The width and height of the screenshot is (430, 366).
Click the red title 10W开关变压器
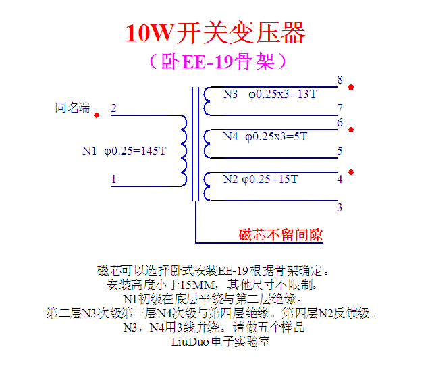[215, 32]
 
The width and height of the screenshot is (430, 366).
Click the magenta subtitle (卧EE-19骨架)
[215, 61]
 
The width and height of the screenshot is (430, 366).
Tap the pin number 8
[340, 80]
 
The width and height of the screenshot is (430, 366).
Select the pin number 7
[340, 108]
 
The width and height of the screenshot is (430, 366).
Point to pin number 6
[340, 122]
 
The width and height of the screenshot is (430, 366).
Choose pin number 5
[340, 151]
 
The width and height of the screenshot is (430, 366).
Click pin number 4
[340, 179]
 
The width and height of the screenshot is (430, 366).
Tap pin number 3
[340, 207]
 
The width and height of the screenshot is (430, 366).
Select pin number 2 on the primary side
[113, 108]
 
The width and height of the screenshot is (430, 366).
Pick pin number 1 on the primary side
[113, 179]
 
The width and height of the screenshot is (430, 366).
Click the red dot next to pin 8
[351, 87]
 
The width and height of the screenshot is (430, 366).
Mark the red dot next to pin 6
[351, 129]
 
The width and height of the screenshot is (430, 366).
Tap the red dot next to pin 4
[351, 172]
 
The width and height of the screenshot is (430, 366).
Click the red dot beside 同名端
[97, 115]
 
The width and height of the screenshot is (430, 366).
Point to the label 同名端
[72, 108]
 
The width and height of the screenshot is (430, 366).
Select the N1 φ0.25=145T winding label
[124, 151]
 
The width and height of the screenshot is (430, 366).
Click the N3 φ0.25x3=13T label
[270, 94]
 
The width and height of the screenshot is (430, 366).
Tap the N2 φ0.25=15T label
[261, 179]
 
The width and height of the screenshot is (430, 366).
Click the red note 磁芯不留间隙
[281, 235]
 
